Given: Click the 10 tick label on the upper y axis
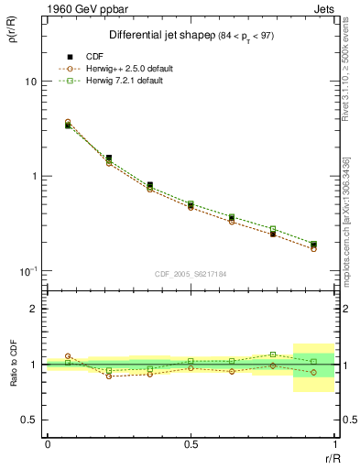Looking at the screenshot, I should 30,82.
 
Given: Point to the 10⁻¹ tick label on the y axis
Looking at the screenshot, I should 27,270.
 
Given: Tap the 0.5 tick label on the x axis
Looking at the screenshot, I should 191,443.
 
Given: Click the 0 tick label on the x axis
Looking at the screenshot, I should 47,443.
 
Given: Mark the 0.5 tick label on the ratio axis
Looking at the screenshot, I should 30,420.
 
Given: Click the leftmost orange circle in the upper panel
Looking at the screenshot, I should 68,122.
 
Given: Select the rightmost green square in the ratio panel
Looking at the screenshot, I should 313,361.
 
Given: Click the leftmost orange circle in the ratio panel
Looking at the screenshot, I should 68,356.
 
